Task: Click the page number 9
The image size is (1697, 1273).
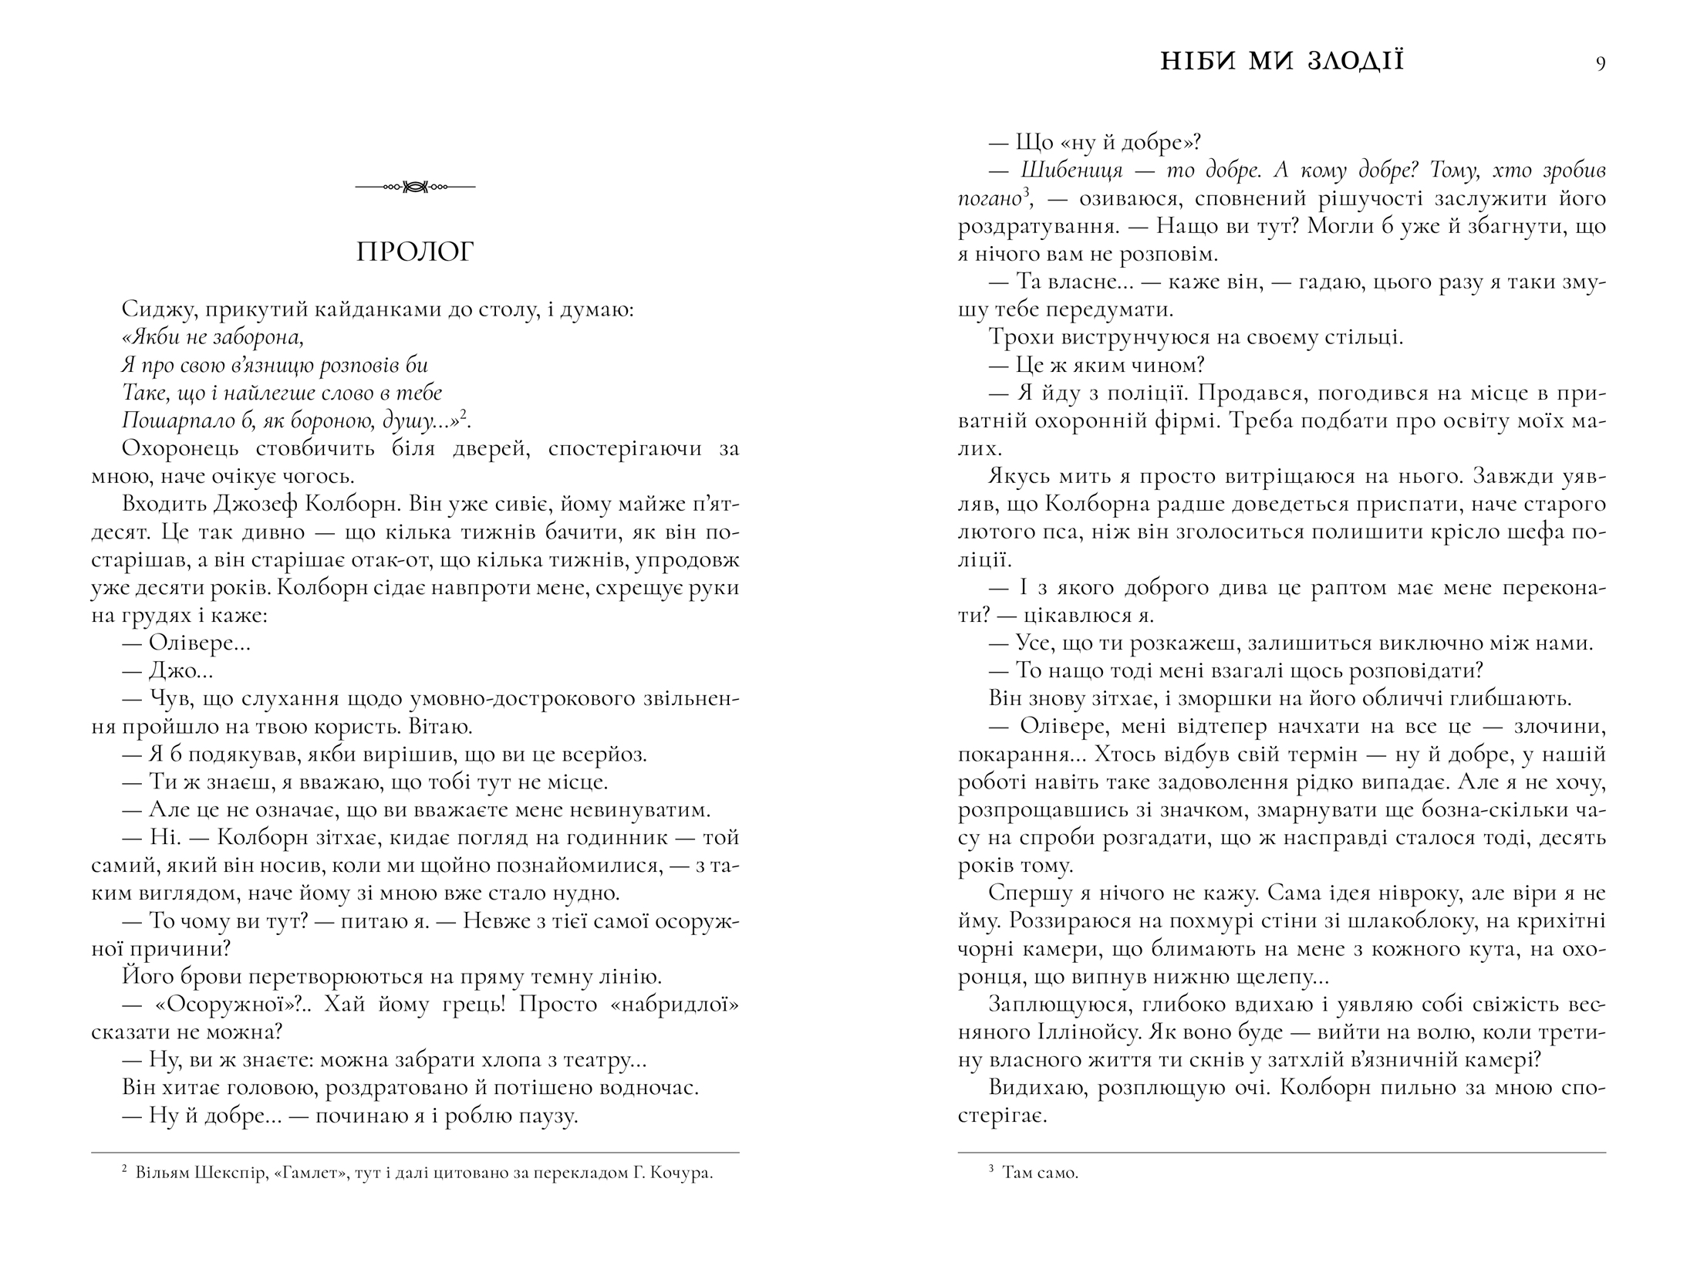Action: click(x=1600, y=63)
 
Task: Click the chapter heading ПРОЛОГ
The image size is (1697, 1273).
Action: click(x=415, y=252)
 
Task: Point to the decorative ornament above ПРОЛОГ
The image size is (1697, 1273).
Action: click(x=415, y=187)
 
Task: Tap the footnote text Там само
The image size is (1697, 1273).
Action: click(x=1040, y=1174)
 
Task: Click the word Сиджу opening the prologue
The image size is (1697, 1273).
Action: click(x=153, y=310)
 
